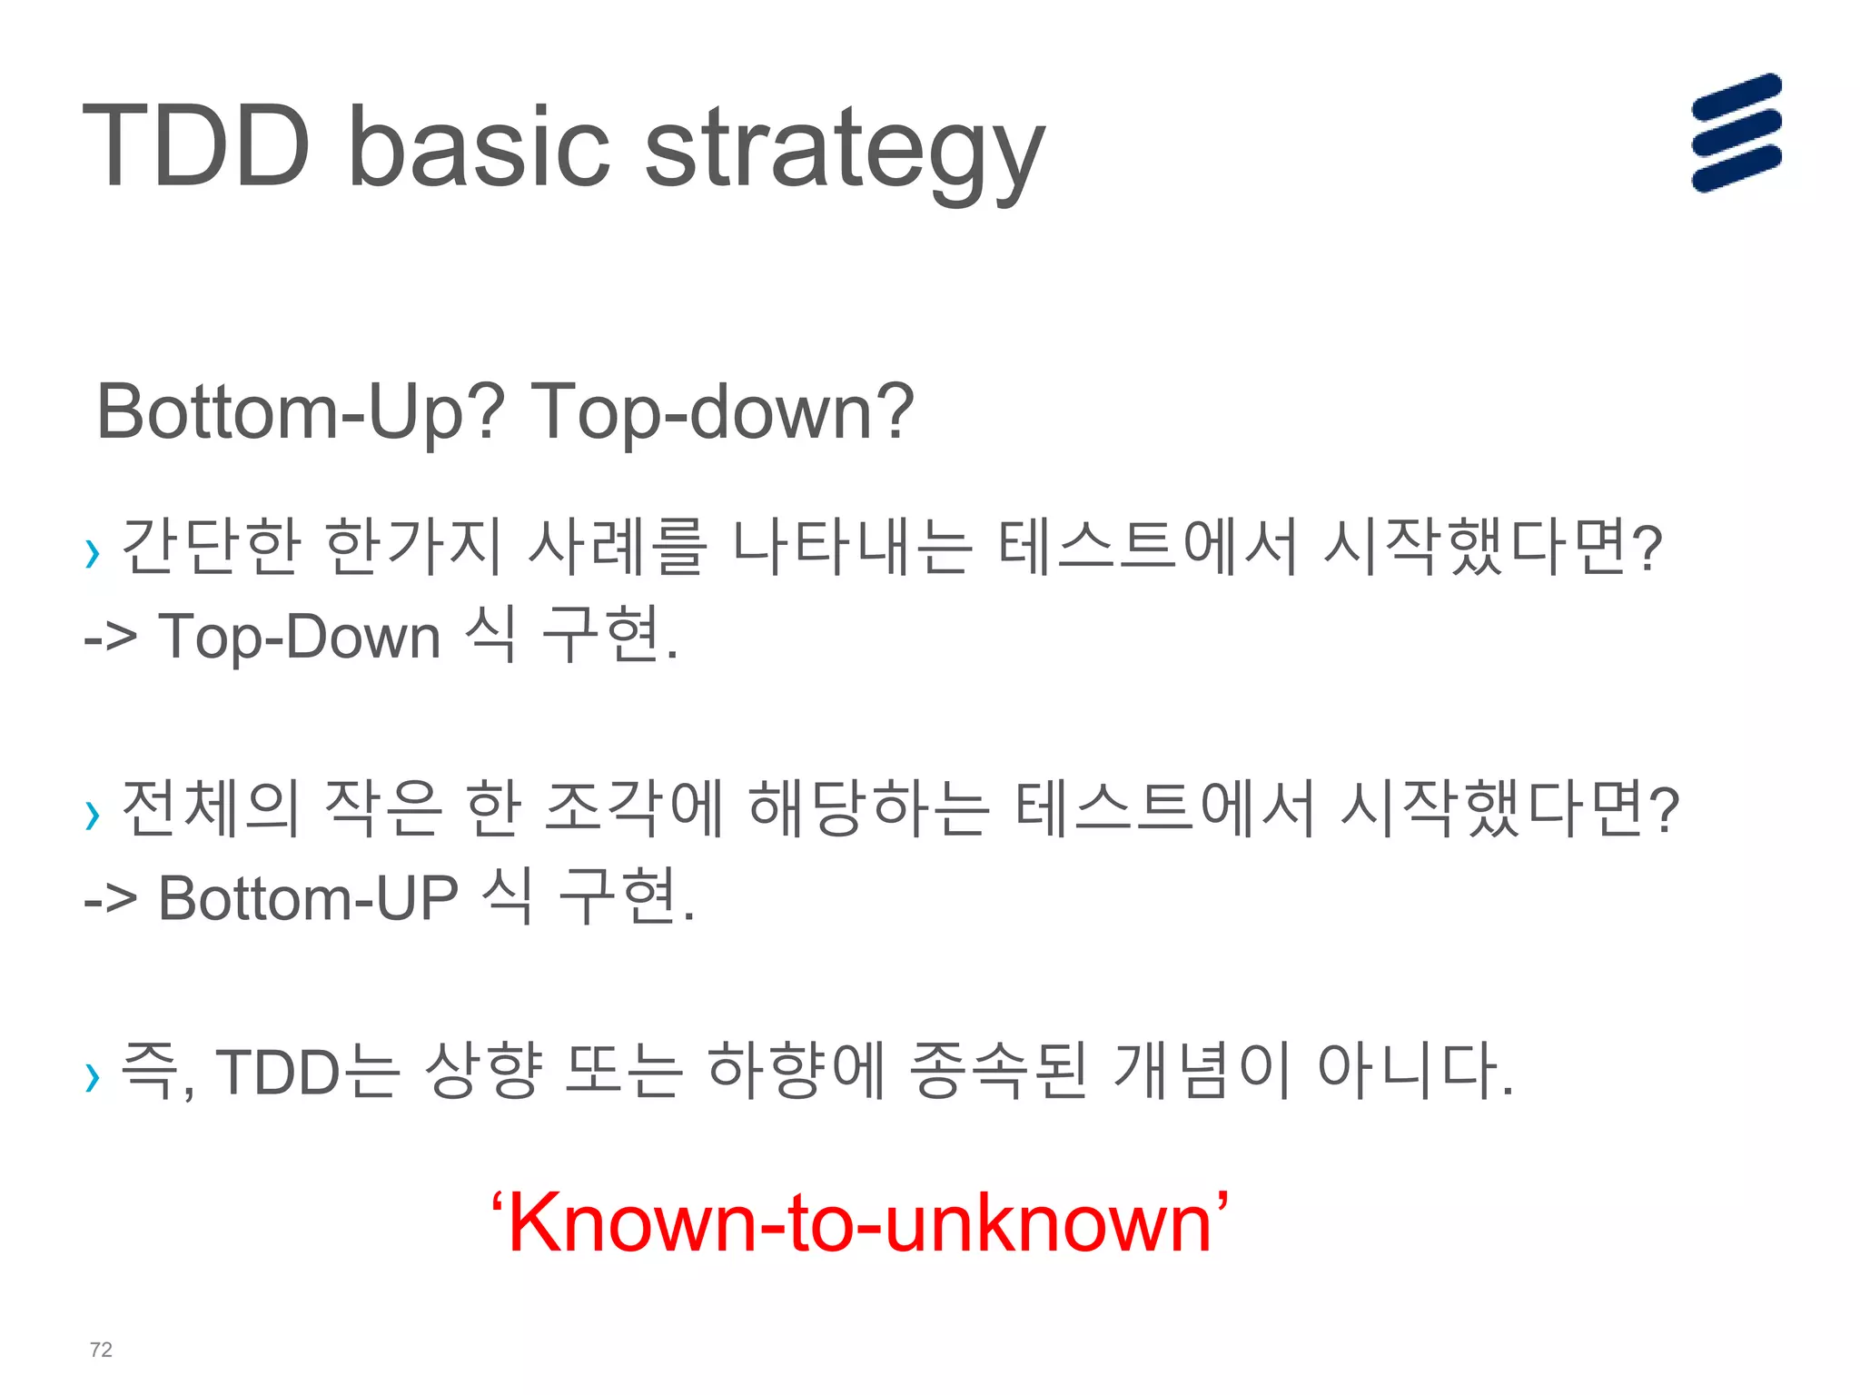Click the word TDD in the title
coord(196,147)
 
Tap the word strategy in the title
coord(845,154)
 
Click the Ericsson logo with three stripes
coord(1736,133)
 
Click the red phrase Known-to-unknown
coord(859,1222)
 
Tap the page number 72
coord(101,1350)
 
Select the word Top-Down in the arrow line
coord(300,636)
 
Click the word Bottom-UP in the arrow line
coord(308,898)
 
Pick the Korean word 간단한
coord(210,547)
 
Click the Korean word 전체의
coord(210,809)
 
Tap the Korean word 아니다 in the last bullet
coord(1413,1070)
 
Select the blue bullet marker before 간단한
coord(92,552)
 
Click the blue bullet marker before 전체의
coord(92,815)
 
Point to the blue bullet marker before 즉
coord(92,1076)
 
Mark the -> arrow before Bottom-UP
coord(111,900)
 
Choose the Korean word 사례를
coord(617,547)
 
